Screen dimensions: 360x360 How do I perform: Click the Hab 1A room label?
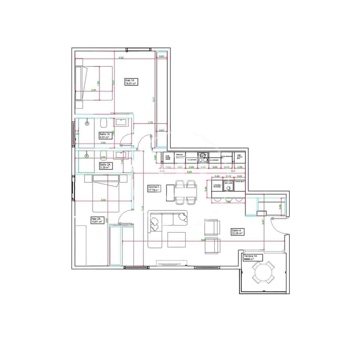(131, 82)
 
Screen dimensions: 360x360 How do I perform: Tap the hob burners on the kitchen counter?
(203, 156)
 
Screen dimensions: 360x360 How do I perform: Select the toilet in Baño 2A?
(103, 155)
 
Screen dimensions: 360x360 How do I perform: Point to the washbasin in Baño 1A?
(121, 122)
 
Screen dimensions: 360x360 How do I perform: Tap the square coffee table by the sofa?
(176, 240)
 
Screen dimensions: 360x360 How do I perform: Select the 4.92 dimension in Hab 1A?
(121, 57)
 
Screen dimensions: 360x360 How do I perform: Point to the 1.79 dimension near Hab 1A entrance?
(151, 122)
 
